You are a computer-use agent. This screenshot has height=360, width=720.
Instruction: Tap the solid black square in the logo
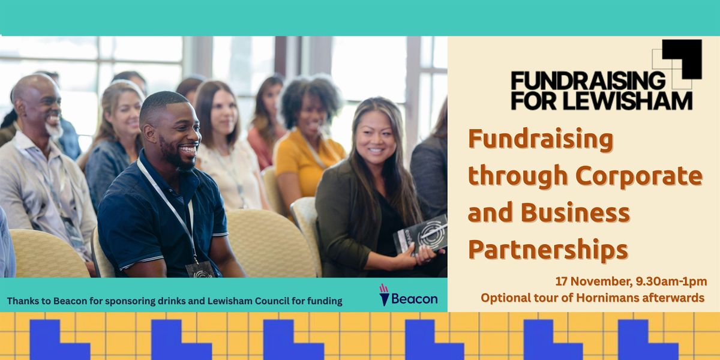[682, 58]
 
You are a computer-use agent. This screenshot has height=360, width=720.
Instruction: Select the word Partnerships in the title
[548, 249]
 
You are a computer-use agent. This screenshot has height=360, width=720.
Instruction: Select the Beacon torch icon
[384, 295]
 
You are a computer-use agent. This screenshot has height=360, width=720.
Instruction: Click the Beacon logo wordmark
[414, 299]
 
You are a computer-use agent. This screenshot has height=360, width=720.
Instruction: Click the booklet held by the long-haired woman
[421, 234]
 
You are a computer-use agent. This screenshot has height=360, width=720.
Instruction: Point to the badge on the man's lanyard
[200, 269]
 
